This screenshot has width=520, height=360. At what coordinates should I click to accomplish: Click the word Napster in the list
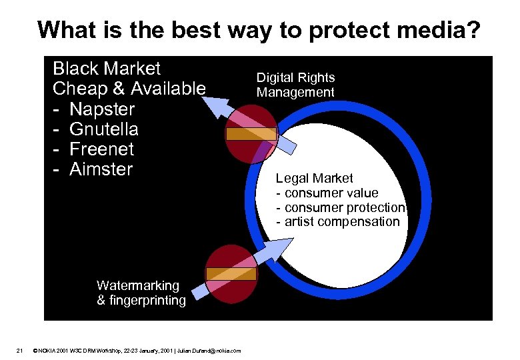click(x=102, y=109)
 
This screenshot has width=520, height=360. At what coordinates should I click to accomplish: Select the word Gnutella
click(x=103, y=129)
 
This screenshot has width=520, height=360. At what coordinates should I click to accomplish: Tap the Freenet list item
click(x=101, y=149)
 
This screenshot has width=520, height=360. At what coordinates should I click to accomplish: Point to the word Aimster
click(x=101, y=169)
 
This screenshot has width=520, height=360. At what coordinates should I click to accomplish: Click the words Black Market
click(x=107, y=69)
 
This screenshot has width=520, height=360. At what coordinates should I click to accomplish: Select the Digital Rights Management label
click(x=296, y=85)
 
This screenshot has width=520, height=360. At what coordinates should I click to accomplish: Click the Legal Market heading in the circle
click(x=315, y=178)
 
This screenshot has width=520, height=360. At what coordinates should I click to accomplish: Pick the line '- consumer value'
click(x=327, y=193)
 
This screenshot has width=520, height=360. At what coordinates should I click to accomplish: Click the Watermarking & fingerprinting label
click(x=141, y=293)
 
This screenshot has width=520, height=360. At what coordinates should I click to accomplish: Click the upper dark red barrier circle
click(x=251, y=133)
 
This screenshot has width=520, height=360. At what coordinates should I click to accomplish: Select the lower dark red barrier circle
click(x=231, y=274)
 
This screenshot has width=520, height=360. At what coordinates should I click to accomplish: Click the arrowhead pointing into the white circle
click(x=273, y=249)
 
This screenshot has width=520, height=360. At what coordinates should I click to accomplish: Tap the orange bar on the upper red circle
click(x=251, y=133)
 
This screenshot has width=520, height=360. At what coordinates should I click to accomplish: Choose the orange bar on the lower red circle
click(x=231, y=273)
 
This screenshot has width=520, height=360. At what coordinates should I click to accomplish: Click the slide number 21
click(x=20, y=350)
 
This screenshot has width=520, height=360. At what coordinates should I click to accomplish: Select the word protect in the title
click(x=313, y=30)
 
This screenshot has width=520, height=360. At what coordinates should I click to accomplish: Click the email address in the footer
click(x=214, y=351)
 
